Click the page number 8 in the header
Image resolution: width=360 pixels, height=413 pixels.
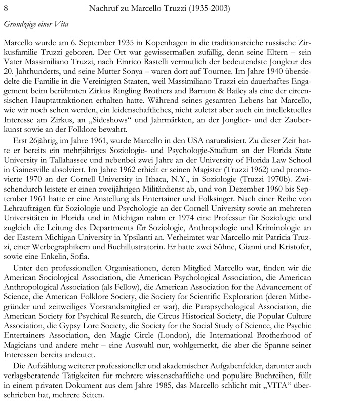point(6,8)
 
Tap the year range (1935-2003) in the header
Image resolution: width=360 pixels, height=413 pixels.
point(205,8)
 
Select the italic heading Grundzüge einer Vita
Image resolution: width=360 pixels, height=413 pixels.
point(36,24)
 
